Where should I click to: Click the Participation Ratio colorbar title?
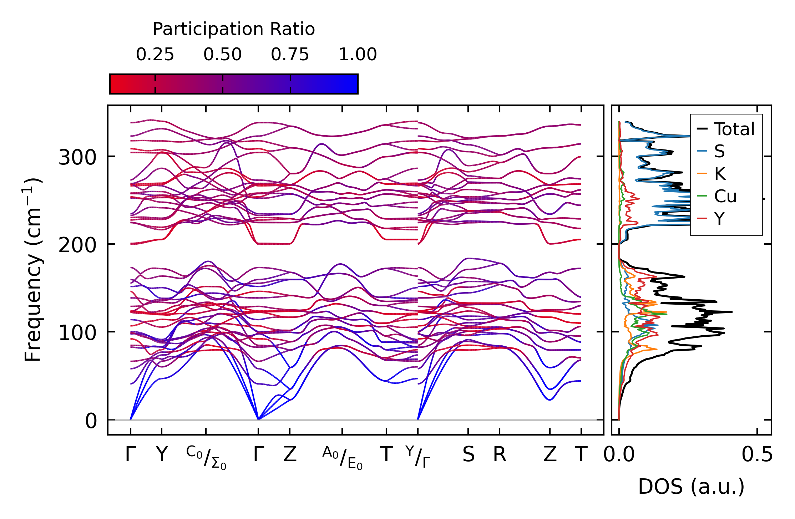coord(234,29)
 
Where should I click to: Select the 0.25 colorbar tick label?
coord(155,55)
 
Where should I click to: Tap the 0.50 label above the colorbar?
coord(222,55)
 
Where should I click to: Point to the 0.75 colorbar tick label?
coord(290,55)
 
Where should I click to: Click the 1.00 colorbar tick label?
coord(358,55)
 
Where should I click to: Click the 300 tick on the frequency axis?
coord(77,157)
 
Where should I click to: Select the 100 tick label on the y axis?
coord(77,333)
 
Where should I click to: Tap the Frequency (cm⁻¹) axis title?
coord(33,270)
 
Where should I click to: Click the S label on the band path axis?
coord(468,454)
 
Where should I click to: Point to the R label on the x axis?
coord(500,454)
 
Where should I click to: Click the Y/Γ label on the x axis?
coord(418,457)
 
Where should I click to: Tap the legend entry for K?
coord(720,174)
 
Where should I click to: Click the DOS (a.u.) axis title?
coord(691,487)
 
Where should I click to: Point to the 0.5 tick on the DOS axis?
coord(757,454)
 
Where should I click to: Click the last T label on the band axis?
coord(581,454)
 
